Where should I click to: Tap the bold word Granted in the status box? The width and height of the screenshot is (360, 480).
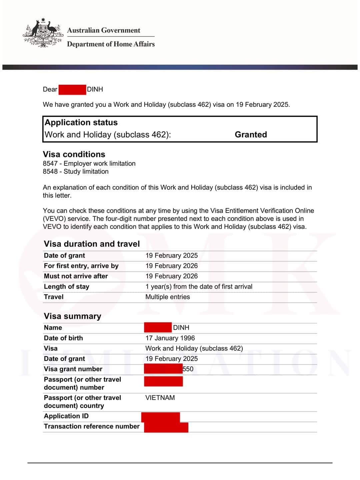tap(251, 134)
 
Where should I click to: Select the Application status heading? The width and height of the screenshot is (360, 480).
tap(81, 122)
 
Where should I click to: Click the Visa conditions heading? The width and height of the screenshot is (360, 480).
tap(74, 154)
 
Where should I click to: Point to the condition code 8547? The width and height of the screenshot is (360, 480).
tap(50, 163)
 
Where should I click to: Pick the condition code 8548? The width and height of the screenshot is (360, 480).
tap(50, 171)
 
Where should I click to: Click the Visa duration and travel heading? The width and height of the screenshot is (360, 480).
tap(92, 244)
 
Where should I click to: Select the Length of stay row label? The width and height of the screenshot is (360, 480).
tap(66, 287)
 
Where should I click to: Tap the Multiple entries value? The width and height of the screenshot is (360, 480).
tap(168, 297)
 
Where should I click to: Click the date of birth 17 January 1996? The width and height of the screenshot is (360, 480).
tap(170, 338)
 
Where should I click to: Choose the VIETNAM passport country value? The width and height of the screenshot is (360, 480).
tap(160, 398)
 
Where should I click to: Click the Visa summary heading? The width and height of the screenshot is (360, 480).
tap(72, 316)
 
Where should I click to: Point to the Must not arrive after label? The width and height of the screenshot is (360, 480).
tap(76, 276)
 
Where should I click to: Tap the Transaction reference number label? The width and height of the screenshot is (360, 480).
tap(92, 426)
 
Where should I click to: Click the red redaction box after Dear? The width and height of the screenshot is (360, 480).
tap(72, 89)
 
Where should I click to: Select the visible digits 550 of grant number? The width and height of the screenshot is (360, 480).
tap(188, 369)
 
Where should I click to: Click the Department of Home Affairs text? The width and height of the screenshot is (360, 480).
tap(111, 44)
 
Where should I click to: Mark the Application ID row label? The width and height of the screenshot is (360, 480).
tap(66, 416)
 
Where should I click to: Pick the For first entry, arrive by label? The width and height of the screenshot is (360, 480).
tap(81, 266)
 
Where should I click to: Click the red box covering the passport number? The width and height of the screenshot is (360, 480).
tap(163, 381)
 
